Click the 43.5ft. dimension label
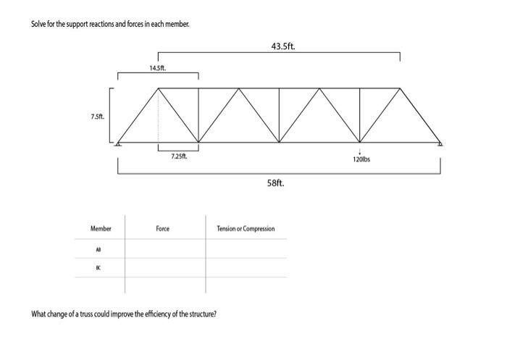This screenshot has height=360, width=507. pyautogui.click(x=282, y=46)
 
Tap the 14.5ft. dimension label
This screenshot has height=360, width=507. pyautogui.click(x=157, y=68)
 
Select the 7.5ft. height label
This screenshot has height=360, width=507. pyautogui.click(x=97, y=116)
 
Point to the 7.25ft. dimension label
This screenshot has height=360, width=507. pyautogui.click(x=178, y=156)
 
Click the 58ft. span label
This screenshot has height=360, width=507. pyautogui.click(x=276, y=183)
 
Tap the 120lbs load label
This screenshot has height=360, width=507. pyautogui.click(x=361, y=159)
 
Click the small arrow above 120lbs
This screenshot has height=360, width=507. pyautogui.click(x=360, y=151)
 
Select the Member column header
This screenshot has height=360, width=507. pyautogui.click(x=101, y=229)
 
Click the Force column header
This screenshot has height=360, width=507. pyautogui.click(x=162, y=229)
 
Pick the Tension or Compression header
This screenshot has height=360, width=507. pyautogui.click(x=246, y=229)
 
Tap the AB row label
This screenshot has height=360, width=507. pyautogui.click(x=99, y=249)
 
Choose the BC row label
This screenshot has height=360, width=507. pyautogui.click(x=99, y=268)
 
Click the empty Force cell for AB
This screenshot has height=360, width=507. pyautogui.click(x=164, y=249)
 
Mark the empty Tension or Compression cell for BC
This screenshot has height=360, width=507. pyautogui.click(x=246, y=268)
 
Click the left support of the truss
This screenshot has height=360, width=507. pyautogui.click(x=118, y=144)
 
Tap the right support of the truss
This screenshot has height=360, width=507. pyautogui.click(x=440, y=144)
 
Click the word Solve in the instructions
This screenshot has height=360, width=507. pyautogui.click(x=38, y=24)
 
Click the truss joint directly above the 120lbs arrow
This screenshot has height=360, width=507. pyautogui.click(x=360, y=142)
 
